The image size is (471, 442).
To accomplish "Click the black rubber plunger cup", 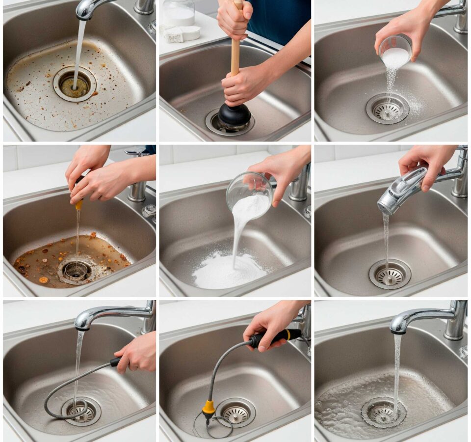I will (234, 116).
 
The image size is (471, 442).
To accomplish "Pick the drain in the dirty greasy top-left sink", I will (75, 84).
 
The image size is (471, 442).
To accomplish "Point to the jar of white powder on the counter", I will (179, 13).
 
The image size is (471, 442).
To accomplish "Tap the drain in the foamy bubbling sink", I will (384, 413).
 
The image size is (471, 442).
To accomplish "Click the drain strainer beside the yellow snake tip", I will (236, 413).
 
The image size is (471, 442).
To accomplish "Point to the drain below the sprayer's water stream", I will (390, 275).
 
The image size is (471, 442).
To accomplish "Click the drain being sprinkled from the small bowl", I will (388, 109).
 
